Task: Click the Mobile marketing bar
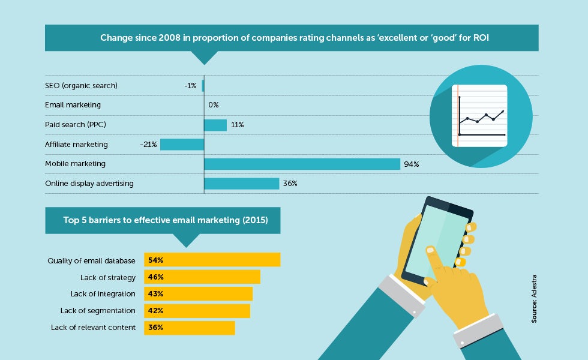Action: pos(302,164)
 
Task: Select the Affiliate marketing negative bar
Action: pos(182,145)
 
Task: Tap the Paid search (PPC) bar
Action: pos(215,125)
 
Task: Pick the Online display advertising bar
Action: pos(242,184)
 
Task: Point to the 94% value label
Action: pos(412,164)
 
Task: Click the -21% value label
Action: pos(148,145)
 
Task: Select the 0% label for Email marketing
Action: pos(214,105)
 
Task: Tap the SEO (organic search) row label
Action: pos(81,85)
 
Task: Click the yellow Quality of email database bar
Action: pos(212,259)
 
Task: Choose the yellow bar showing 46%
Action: pos(202,277)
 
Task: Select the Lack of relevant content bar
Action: pos(190,328)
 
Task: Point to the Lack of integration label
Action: pos(103,294)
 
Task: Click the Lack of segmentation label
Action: pos(98,311)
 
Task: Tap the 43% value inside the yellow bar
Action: pos(155,294)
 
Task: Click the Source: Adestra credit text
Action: pos(534,299)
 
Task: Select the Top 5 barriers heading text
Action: pos(166,220)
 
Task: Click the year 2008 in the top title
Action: pos(169,38)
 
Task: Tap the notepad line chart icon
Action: pos(479,115)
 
